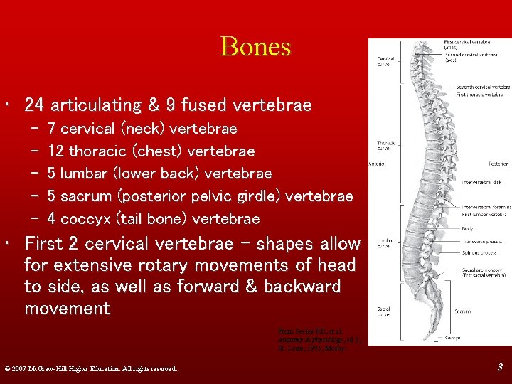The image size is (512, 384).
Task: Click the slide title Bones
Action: click(255, 47)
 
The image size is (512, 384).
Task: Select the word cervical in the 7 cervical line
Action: click(87, 129)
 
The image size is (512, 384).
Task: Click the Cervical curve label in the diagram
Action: click(386, 61)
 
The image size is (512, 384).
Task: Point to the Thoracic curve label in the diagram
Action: click(386, 146)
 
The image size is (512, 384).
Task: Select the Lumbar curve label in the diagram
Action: click(386, 242)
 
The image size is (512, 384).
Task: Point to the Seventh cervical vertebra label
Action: click(480, 87)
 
